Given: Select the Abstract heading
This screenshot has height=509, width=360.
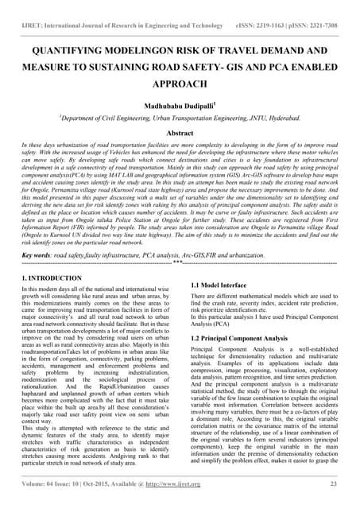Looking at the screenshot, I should tap(180, 134).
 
